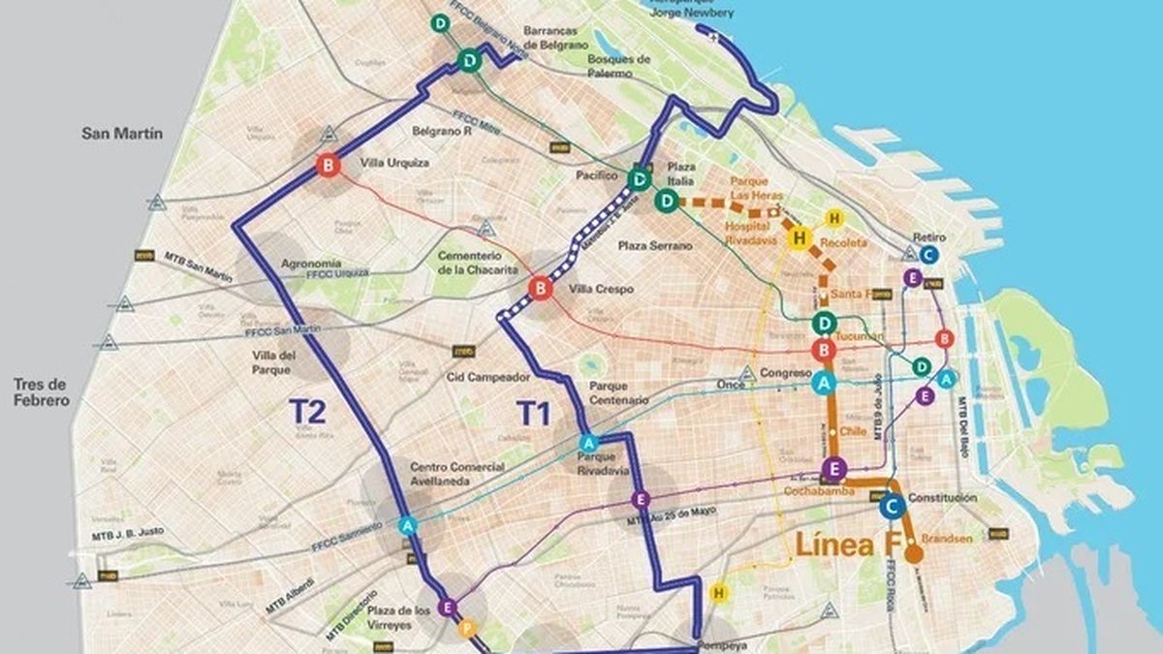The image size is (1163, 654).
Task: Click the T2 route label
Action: (x=313, y=412)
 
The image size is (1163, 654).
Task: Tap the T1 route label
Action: (x=533, y=414)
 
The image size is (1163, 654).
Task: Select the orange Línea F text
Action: (x=847, y=544)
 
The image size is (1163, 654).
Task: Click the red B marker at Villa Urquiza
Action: (x=329, y=166)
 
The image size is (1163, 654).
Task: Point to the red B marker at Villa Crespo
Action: (x=540, y=288)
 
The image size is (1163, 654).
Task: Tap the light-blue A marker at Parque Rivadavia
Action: (x=587, y=443)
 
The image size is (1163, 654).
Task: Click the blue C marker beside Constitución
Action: (x=893, y=505)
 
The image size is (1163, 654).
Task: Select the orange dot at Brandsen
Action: (x=913, y=554)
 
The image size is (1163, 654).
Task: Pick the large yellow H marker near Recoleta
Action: (x=800, y=238)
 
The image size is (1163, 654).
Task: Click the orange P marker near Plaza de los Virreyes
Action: (x=468, y=627)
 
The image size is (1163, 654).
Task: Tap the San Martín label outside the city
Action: (x=121, y=134)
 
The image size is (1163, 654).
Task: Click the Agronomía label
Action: (x=310, y=263)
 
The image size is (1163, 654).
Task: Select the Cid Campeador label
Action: (x=488, y=376)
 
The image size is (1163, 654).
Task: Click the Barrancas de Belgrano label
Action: (x=556, y=37)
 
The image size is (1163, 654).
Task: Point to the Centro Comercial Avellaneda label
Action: (x=456, y=474)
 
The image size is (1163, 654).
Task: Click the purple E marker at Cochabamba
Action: (x=832, y=470)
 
